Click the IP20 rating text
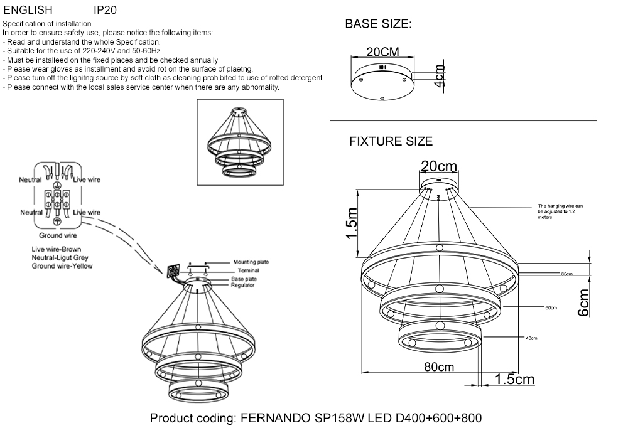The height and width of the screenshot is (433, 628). point(104,11)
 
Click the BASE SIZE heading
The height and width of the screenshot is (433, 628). point(379,25)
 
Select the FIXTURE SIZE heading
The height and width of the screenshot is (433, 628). point(391,142)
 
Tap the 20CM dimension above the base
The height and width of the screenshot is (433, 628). point(382,52)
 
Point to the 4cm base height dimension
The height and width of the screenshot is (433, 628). point(440,76)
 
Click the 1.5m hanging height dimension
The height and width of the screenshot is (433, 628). point(352,224)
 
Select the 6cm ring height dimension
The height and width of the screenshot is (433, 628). point(583,303)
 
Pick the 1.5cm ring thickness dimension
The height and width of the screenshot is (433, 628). point(514,379)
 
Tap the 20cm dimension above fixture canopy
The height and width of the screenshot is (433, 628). point(438,166)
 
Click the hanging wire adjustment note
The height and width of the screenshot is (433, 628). point(560,212)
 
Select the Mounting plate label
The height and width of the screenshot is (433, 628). point(251,262)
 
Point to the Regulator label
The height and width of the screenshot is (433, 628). point(242,286)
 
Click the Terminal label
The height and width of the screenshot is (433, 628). point(249,270)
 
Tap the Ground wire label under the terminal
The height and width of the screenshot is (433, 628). point(58,236)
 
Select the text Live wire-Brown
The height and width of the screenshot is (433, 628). point(57,250)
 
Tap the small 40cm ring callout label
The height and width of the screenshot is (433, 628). point(531,338)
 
